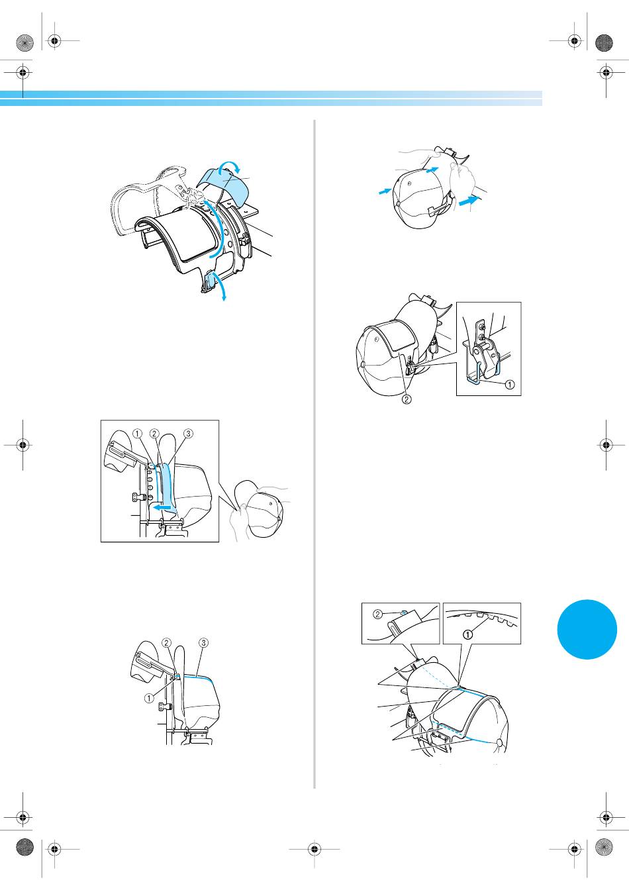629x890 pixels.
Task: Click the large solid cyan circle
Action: tap(587, 629)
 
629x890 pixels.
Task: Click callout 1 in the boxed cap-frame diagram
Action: tap(137, 433)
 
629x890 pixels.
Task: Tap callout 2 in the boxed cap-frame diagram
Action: tap(154, 433)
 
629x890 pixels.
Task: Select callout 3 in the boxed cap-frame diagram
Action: tap(188, 433)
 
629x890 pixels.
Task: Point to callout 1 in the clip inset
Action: tap(509, 384)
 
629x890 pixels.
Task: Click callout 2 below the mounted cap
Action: tap(406, 399)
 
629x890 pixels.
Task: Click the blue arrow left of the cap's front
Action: tap(384, 191)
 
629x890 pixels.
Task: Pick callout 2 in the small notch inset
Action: tap(377, 615)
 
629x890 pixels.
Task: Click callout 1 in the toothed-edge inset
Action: tap(468, 634)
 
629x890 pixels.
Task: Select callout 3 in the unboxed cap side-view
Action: tap(203, 642)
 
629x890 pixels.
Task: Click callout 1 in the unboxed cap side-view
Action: tap(148, 698)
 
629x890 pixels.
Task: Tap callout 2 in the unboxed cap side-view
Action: tap(166, 642)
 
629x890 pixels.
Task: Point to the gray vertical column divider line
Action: tap(314, 454)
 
